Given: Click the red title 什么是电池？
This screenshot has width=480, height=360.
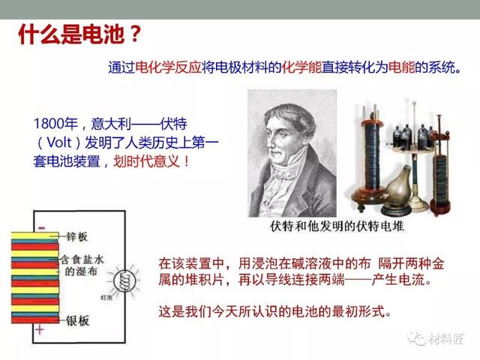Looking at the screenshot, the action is (81, 34).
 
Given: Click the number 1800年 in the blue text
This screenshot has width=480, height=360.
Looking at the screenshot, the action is (55, 124).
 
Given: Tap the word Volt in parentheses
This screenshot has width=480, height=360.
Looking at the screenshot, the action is (59, 142).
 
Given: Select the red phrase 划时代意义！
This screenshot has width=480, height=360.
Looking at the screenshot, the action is (151, 161).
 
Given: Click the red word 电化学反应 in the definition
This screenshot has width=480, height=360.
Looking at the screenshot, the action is (168, 67).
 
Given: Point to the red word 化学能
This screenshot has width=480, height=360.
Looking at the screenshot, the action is (301, 67).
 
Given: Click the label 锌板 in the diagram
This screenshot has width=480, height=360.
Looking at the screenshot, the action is (76, 236).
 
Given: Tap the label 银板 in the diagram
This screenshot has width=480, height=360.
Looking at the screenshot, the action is (78, 320).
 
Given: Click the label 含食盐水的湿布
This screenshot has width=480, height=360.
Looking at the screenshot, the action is (82, 265).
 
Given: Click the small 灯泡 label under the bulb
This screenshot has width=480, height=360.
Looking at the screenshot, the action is (106, 297).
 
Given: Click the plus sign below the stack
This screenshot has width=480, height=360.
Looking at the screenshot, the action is (39, 330).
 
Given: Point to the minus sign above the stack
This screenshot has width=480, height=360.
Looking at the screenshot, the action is (42, 228).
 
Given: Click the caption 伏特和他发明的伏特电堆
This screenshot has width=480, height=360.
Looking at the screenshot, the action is (337, 226).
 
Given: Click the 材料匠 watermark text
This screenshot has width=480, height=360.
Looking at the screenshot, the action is (446, 339).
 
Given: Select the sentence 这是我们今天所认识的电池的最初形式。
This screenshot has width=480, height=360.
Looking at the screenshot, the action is (275, 312).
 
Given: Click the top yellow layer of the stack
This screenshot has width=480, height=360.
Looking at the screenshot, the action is (34, 235).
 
